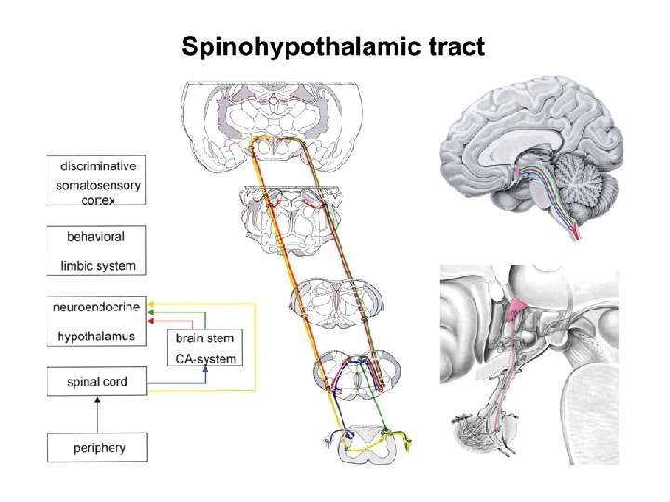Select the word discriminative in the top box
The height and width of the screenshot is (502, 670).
coord(98,166)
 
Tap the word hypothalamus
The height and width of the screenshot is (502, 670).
coord(96,336)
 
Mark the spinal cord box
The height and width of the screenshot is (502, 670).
coord(97,381)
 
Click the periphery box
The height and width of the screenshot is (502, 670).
coord(99,448)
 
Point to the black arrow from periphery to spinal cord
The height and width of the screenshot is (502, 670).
coord(97,415)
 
